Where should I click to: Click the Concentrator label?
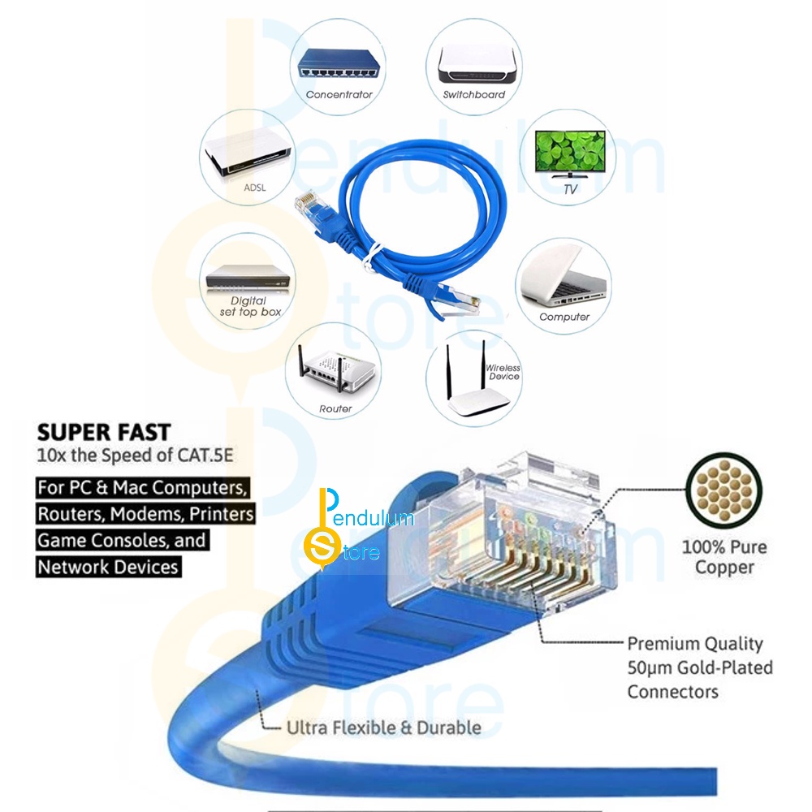[x=339, y=95]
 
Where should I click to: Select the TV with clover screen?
[x=568, y=150]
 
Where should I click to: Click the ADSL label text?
[x=255, y=188]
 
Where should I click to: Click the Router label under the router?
[x=335, y=409]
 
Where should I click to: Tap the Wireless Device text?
[x=503, y=372]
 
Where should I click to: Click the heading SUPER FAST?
[x=103, y=431]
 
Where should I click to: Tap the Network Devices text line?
[x=108, y=567]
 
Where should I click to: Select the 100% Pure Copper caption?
[x=723, y=557]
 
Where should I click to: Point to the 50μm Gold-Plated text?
[x=699, y=667]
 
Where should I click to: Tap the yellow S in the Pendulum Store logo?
[x=322, y=550]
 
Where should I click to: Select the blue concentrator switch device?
[x=339, y=63]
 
